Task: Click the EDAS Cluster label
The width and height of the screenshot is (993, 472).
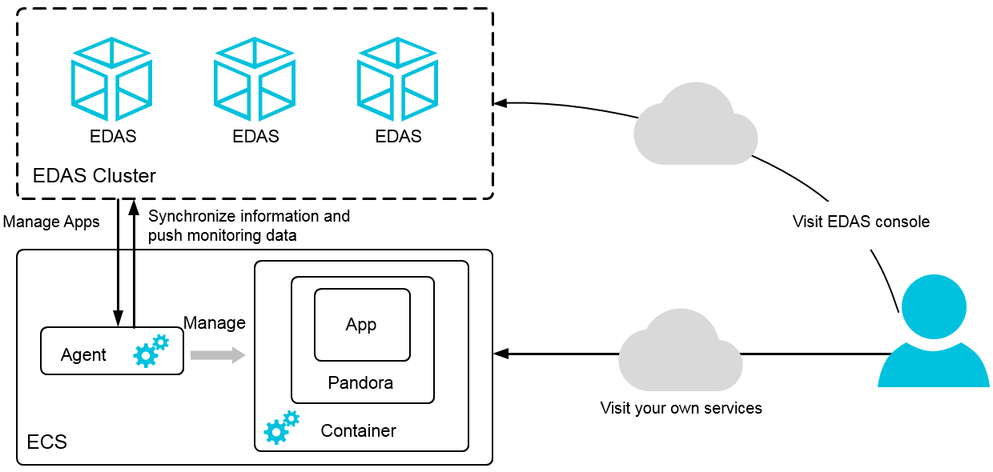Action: tap(94, 176)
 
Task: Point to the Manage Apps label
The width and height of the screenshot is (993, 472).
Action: tap(51, 222)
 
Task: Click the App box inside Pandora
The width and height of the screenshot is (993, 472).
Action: tap(362, 325)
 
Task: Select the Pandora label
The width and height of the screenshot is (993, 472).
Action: tap(360, 383)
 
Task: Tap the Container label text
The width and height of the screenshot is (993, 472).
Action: tap(358, 431)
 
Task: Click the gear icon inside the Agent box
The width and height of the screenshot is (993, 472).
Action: tap(151, 350)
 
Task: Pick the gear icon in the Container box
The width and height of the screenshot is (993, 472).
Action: tap(281, 427)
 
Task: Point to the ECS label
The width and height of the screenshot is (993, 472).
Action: tap(47, 442)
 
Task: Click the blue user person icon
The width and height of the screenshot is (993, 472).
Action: tap(933, 332)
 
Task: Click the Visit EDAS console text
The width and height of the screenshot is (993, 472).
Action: tap(861, 222)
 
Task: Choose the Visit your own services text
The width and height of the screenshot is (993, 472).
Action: tap(681, 408)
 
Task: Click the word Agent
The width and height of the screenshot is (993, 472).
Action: tap(83, 355)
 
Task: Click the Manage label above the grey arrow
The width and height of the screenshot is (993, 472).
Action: tap(214, 322)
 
